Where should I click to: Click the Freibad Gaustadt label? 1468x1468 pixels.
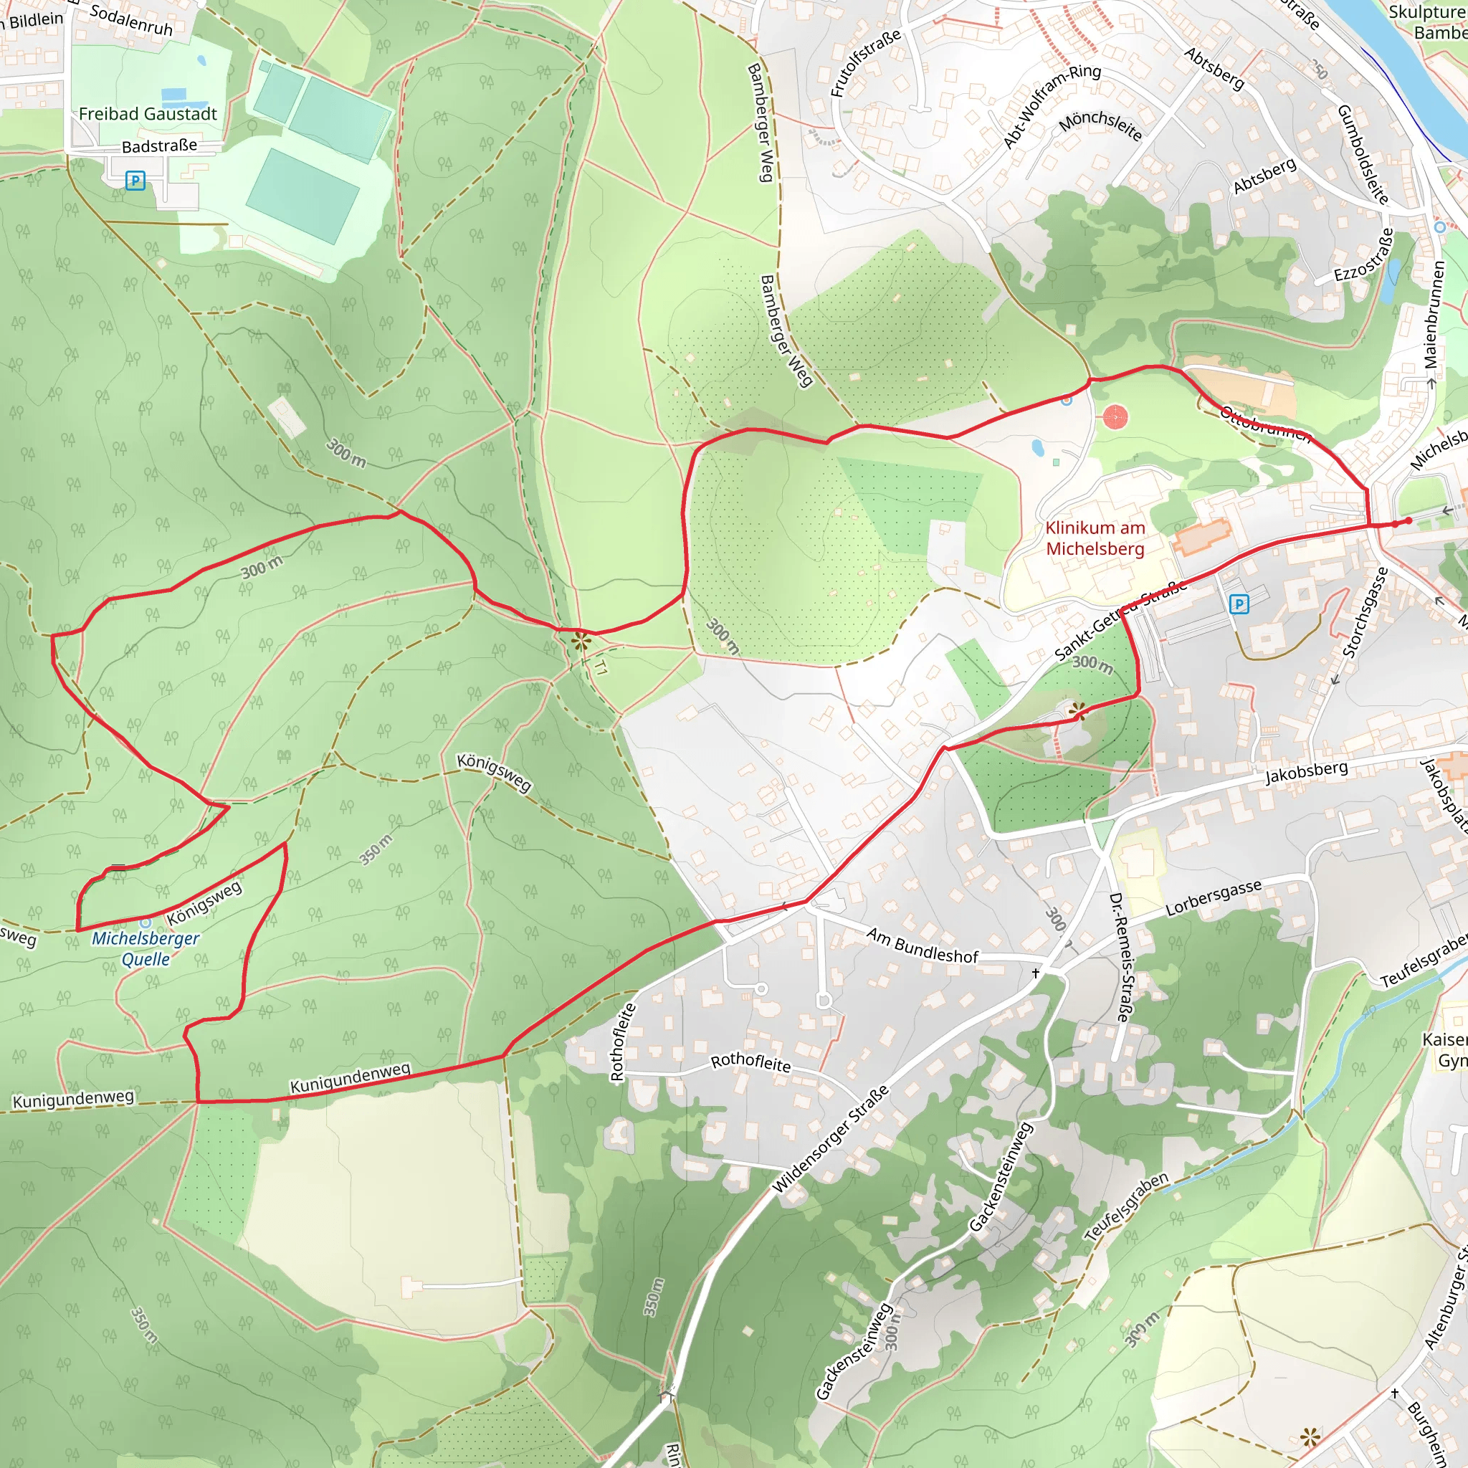(x=148, y=114)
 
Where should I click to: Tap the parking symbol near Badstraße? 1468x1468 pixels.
(x=135, y=181)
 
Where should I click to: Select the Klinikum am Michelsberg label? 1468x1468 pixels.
(x=1095, y=538)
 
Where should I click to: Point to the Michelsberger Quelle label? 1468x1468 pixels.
(x=145, y=948)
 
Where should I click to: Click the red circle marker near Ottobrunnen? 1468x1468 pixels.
(x=1115, y=417)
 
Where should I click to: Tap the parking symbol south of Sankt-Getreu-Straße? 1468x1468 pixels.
(x=1239, y=604)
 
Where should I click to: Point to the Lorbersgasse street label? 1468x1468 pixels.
(x=1214, y=897)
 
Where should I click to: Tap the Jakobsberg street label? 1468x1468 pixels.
(x=1306, y=772)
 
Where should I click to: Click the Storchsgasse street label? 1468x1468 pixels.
(x=1365, y=611)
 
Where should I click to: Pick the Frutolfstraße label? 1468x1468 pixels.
(x=865, y=63)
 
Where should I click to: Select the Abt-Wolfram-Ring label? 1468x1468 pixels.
(x=1052, y=105)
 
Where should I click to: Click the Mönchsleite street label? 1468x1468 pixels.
(x=1100, y=126)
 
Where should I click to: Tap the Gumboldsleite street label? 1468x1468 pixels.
(x=1363, y=154)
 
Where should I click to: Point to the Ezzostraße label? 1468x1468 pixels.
(x=1365, y=255)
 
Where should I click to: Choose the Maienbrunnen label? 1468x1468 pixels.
(x=1433, y=315)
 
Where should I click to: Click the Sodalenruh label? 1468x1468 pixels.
(x=131, y=21)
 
